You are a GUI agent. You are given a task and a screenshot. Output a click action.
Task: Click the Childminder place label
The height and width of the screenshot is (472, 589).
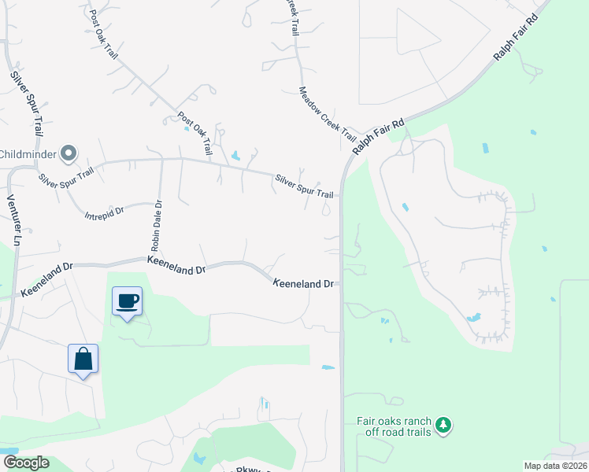pos(28,153)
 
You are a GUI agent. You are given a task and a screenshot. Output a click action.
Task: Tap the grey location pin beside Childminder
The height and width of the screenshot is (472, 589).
pos(69,153)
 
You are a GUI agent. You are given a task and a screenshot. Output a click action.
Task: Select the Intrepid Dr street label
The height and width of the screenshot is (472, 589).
pos(106,212)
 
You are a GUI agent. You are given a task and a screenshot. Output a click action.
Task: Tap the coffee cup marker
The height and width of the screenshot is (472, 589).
pos(127,301)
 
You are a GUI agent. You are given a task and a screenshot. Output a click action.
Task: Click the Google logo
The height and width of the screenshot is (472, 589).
pos(26,463)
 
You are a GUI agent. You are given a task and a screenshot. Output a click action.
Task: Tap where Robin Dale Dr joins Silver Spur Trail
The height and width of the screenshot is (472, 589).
pos(161,159)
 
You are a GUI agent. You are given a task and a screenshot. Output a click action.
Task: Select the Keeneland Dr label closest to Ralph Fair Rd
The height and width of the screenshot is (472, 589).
pos(305,282)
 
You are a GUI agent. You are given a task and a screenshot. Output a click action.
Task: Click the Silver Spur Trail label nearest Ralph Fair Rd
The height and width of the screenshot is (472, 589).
pos(304,186)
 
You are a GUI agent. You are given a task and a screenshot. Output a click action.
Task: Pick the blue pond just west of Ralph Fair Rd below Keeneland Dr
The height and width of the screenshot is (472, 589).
pos(328,367)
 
